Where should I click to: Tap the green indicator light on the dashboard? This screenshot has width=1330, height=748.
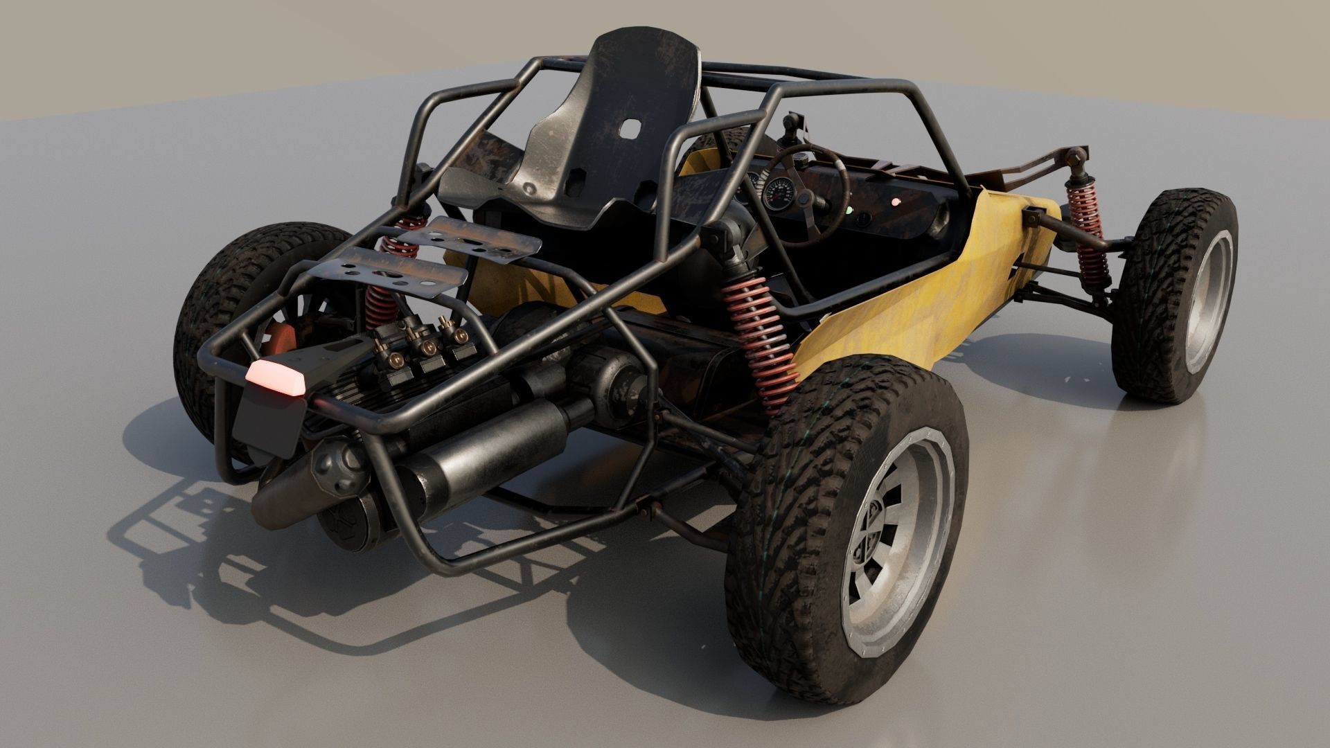coord(850,209)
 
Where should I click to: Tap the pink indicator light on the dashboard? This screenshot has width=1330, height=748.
coord(895,202)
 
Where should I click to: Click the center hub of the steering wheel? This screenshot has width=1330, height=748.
coord(804,199)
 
